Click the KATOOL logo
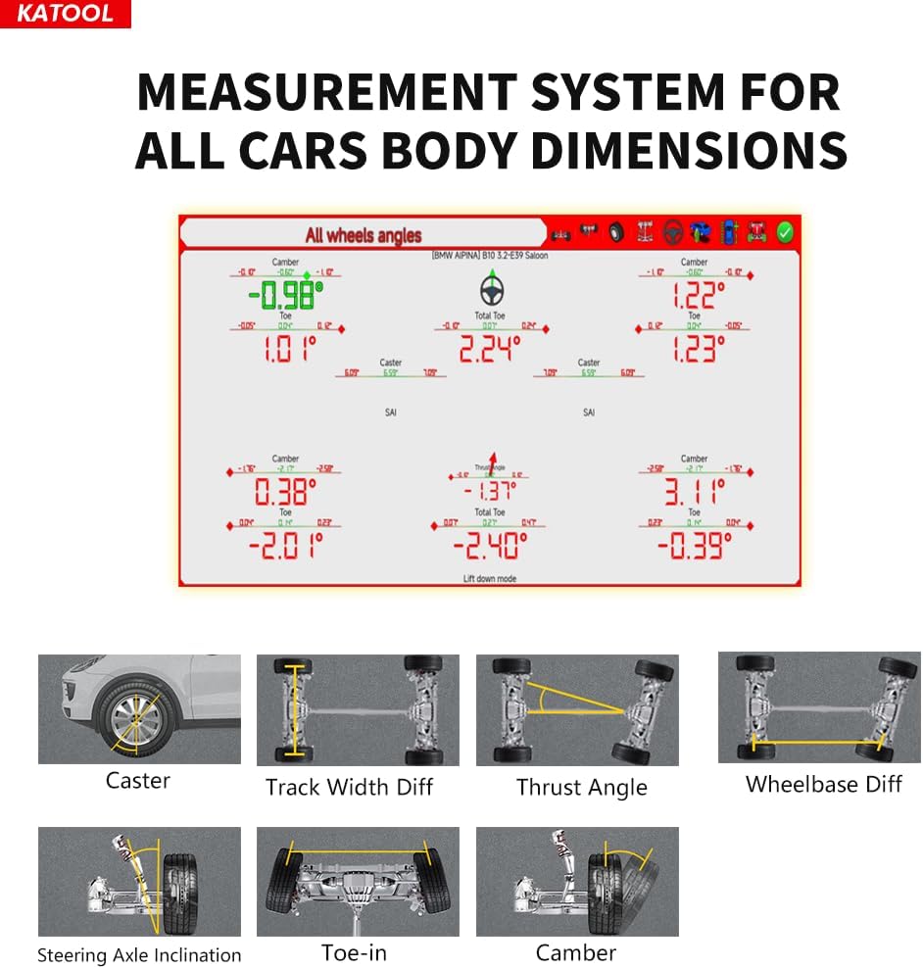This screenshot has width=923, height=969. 65,14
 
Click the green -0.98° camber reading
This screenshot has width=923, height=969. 285,294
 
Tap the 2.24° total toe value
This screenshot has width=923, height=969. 489,349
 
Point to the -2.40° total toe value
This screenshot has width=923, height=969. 489,545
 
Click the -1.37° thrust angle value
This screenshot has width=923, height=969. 490,491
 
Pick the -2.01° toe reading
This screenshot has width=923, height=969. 285,545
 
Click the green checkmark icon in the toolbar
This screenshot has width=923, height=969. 784,233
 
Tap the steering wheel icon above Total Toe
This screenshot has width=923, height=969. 490,290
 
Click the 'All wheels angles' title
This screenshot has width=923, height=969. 363,234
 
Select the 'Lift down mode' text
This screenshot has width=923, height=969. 489,579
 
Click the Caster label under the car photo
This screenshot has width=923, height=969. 138,781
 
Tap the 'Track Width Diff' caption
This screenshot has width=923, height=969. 349,787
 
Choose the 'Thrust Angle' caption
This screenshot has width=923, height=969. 581,788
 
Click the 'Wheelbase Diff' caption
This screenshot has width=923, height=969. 823,784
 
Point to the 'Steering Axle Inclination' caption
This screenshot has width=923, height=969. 139,955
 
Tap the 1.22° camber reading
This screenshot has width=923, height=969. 698,295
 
